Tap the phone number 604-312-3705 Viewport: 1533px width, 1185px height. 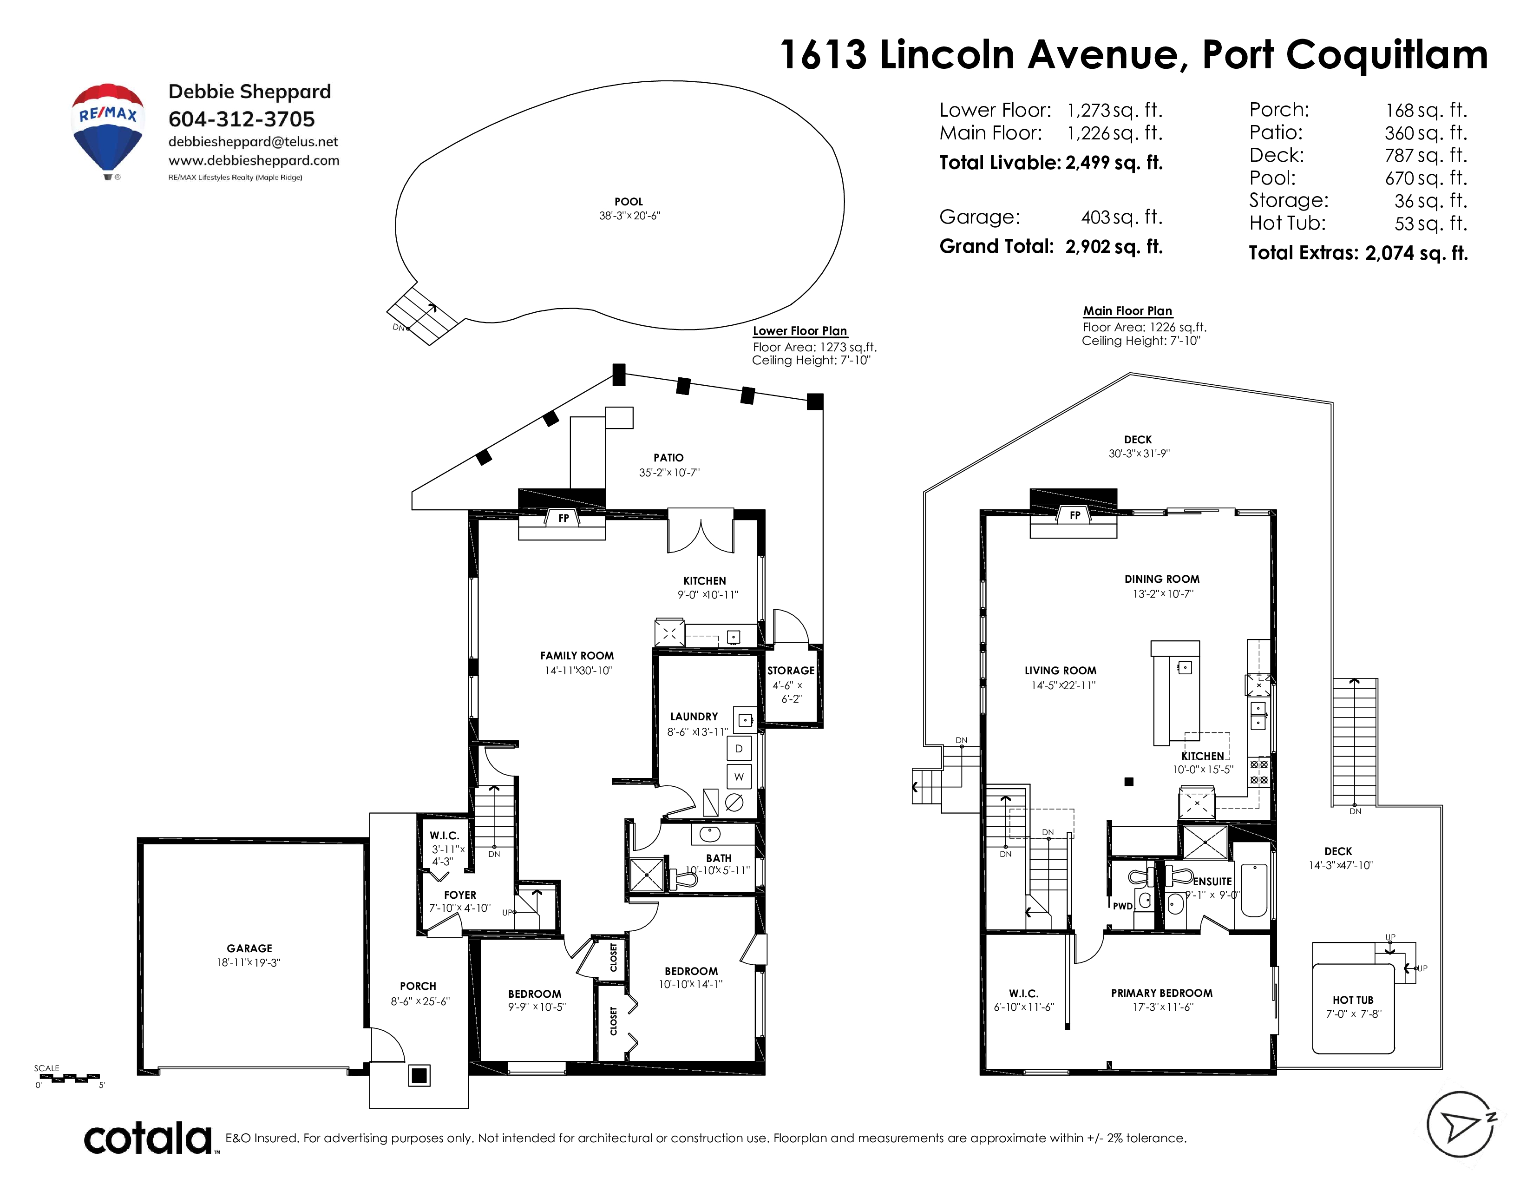click(242, 119)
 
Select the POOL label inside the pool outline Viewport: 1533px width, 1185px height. click(629, 202)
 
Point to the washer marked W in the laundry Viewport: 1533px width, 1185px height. click(739, 777)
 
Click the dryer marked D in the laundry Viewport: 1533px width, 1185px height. click(739, 748)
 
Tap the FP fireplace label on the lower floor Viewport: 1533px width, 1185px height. click(563, 518)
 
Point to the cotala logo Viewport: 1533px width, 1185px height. click(149, 1138)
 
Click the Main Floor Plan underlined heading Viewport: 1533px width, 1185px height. click(1127, 311)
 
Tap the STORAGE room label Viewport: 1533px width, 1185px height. click(791, 671)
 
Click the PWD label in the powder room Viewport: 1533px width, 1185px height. click(1123, 906)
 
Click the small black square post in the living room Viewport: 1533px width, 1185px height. click(1129, 781)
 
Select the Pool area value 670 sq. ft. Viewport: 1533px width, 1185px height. click(1426, 178)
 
